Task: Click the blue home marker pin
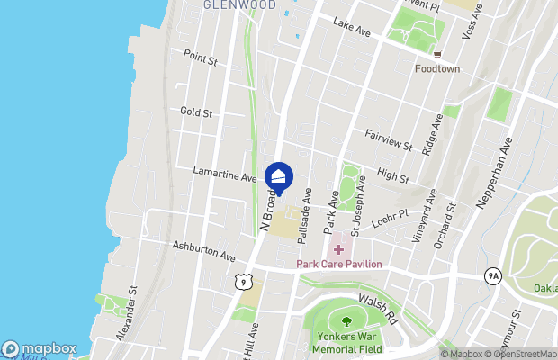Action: click(x=279, y=177)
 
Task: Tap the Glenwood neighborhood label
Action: click(x=238, y=4)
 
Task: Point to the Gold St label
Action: click(x=195, y=112)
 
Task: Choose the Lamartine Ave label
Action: click(x=225, y=174)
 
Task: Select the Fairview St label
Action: click(x=389, y=139)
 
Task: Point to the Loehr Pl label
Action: click(x=390, y=218)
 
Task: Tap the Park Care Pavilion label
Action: click(x=340, y=264)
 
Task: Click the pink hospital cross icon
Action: click(x=339, y=248)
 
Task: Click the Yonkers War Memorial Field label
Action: click(x=345, y=343)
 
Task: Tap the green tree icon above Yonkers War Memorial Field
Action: click(x=346, y=319)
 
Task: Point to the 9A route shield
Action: click(x=491, y=276)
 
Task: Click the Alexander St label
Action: click(x=127, y=314)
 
